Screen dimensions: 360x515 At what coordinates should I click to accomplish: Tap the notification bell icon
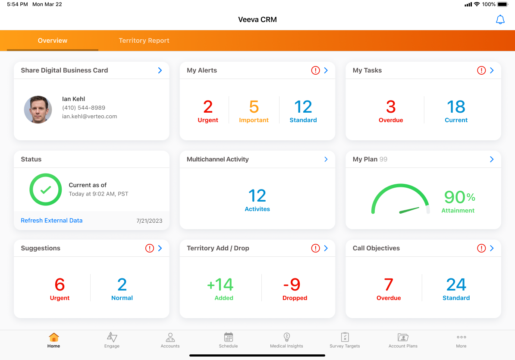coord(500,20)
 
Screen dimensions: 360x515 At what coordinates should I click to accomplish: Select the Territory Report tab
coord(144,41)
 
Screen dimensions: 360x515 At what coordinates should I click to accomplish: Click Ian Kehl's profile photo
coord(38,110)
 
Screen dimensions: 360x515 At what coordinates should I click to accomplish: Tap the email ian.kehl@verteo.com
coord(90,117)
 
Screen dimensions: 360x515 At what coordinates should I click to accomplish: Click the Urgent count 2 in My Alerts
coord(208,107)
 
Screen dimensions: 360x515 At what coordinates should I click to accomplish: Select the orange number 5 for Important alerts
coord(254,107)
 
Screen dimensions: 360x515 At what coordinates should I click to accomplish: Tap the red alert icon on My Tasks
coord(481,70)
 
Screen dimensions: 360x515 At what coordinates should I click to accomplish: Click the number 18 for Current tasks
coord(456,107)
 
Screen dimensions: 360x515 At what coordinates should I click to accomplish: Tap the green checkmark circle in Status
coord(46,189)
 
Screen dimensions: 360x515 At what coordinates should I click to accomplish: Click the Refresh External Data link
coord(52,221)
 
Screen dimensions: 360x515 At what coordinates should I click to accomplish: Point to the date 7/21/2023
coord(149,221)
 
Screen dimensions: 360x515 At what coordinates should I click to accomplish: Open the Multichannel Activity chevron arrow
coord(326,159)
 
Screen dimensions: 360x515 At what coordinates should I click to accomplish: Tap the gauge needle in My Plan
coord(409,210)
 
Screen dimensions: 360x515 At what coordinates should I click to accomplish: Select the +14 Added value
coord(220,285)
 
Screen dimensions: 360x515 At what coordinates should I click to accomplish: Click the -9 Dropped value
coord(292,285)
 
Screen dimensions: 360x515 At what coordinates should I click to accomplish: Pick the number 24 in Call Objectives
coord(456,285)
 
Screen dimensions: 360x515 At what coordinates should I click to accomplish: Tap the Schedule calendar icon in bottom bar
coord(229,338)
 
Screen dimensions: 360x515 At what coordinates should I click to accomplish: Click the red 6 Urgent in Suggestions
coord(60,285)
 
